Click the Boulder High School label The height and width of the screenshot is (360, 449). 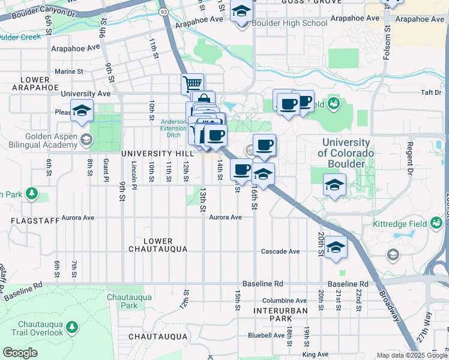point(289,23)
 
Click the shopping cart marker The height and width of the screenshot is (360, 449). point(192,83)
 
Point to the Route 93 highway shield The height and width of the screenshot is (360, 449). point(163,11)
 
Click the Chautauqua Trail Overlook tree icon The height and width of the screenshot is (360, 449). point(72,327)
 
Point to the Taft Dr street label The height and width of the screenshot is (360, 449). point(431,92)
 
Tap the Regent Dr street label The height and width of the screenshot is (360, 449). point(410,156)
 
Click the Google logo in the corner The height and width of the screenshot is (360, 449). point(19,353)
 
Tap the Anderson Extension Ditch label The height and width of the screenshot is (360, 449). point(173,128)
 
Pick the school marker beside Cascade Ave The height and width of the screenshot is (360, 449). point(336,247)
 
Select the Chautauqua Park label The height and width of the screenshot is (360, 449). point(122,301)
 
